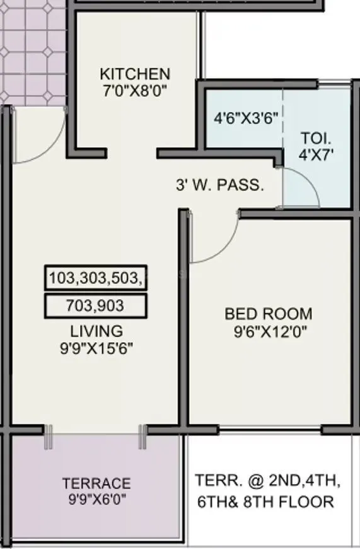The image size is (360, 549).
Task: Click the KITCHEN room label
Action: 134,74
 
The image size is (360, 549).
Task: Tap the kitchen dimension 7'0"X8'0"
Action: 134,90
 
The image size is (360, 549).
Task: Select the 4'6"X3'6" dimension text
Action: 246,118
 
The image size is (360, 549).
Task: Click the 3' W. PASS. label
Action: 219,186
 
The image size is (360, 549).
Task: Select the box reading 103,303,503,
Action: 96,278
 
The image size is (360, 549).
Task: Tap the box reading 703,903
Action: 95,306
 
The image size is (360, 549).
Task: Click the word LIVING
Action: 96,331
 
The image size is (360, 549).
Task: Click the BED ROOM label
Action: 269,314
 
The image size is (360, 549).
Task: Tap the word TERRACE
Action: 96,484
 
